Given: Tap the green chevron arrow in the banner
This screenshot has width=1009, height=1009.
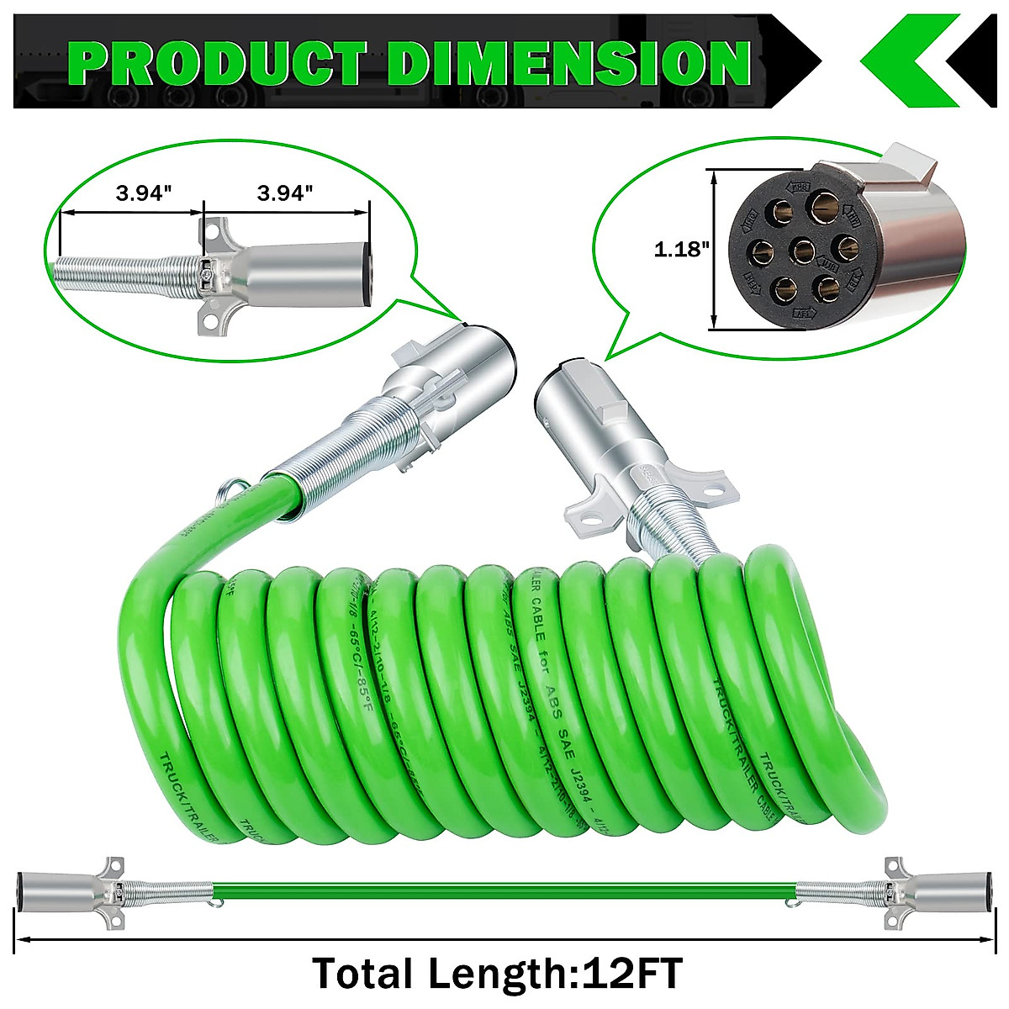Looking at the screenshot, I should tap(908, 61).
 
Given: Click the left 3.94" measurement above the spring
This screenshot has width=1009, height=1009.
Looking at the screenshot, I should tap(144, 193).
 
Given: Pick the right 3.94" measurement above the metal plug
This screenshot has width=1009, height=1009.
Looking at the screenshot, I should tap(286, 193).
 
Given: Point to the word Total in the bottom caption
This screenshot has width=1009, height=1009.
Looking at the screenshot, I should tap(362, 974).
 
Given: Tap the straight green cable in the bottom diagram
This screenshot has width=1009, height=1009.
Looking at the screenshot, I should tap(504, 889).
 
